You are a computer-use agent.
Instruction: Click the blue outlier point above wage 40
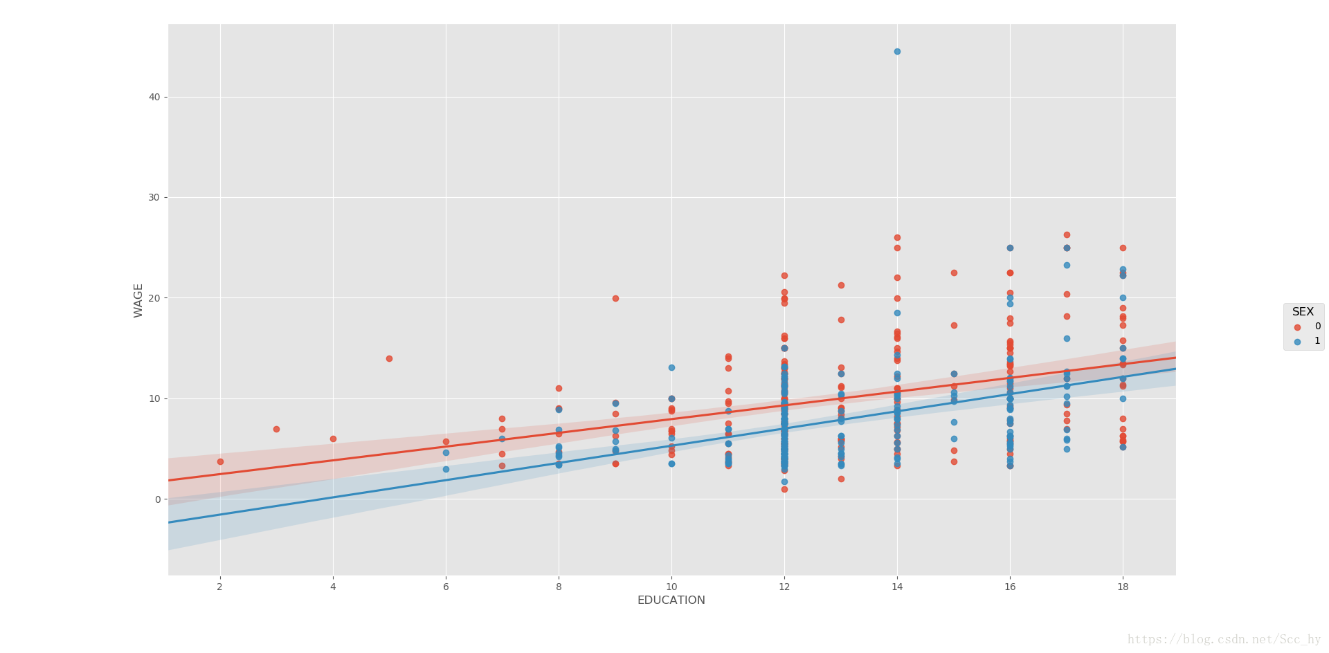897,51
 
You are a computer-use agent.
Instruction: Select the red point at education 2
220,461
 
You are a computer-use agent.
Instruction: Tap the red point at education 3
276,429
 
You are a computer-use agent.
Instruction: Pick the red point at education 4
333,439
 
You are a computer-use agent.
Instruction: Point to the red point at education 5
389,358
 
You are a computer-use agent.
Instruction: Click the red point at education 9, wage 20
615,298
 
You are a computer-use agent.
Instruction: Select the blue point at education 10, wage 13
671,367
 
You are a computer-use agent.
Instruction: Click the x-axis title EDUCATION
671,600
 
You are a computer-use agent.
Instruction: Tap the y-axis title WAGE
138,300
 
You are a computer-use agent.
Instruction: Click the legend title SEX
1303,312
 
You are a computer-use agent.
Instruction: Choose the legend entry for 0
1306,326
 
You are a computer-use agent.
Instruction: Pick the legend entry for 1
1306,341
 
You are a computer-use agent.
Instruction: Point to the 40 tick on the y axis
154,97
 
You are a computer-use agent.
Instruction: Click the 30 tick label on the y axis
154,197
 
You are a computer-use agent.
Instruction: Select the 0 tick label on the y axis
158,499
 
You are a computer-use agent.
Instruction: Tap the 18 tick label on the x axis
1123,587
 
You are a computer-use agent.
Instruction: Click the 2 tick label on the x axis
220,587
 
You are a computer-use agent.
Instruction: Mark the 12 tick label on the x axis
784,587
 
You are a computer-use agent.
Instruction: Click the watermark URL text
1224,640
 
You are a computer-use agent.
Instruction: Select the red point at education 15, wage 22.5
954,273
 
